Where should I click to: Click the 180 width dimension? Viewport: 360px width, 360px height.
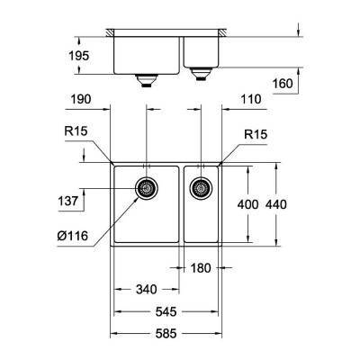tap(201, 268)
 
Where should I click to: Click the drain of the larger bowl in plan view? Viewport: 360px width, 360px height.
tap(145, 187)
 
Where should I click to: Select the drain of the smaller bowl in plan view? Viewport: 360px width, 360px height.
tap(202, 187)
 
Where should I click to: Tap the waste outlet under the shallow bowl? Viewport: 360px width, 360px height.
tap(202, 71)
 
